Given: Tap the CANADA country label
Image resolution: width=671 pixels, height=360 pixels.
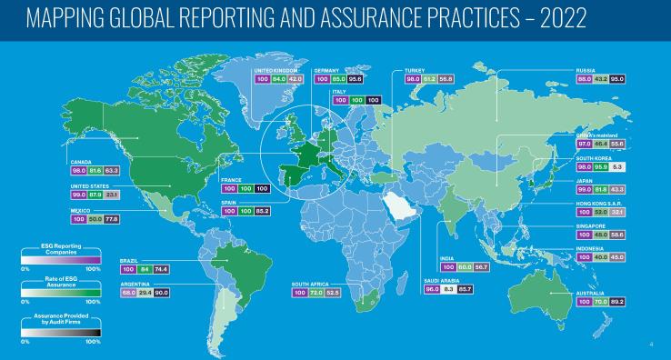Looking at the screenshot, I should (82, 161).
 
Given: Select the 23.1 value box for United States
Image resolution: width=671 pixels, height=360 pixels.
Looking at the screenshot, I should (111, 194).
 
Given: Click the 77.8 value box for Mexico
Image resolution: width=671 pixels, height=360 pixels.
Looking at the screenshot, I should (111, 219).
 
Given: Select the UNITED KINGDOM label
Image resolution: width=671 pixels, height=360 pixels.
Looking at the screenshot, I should (273, 70).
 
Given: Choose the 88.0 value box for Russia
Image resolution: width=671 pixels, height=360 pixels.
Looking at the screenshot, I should (586, 78).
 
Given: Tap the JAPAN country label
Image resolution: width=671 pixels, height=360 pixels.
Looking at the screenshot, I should (585, 180).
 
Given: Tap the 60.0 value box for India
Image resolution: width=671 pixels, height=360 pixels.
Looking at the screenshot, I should (466, 267).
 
